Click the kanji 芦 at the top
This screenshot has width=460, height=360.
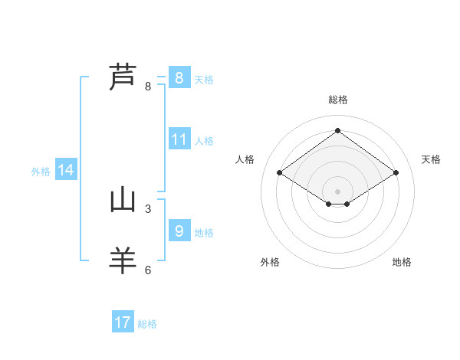click(123, 77)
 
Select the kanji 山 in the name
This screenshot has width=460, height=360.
click(123, 201)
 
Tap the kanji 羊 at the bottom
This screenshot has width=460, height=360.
click(123, 260)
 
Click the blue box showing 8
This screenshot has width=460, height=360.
click(179, 78)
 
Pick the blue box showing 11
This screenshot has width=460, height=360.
click(179, 139)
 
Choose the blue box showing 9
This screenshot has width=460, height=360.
click(179, 231)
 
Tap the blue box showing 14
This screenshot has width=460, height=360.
click(66, 171)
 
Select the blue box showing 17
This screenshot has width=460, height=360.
click(123, 322)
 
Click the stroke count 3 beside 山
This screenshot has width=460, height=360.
click(148, 208)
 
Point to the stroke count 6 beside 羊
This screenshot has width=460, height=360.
click(148, 270)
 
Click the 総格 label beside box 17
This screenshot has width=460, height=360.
click(147, 324)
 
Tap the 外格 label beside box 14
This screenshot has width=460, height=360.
click(41, 172)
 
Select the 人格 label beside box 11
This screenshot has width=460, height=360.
click(204, 141)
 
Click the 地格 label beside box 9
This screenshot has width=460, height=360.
click(204, 233)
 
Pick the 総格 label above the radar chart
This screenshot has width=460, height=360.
click(337, 100)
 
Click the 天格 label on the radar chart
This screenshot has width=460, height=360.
click(431, 159)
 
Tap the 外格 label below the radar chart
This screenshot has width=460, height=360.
click(270, 262)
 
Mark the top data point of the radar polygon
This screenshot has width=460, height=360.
click(337, 130)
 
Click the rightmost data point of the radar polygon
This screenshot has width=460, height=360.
click(396, 173)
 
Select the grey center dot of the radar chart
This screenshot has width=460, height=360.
click(337, 191)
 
